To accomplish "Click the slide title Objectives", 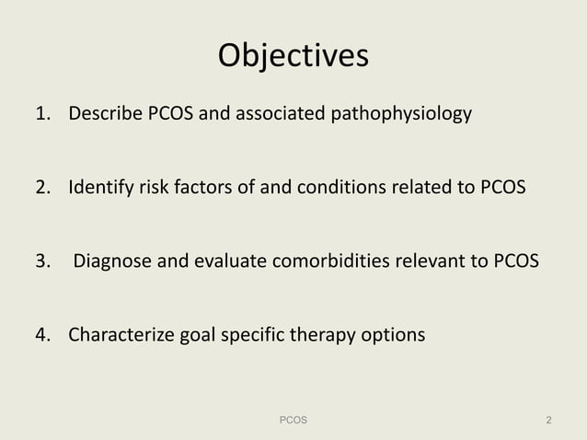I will click(x=293, y=56).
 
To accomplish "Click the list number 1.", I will click(x=41, y=115).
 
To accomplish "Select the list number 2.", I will click(x=41, y=189).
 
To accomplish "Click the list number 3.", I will click(x=41, y=261).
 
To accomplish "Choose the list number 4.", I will click(x=41, y=334).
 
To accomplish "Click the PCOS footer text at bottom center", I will click(x=293, y=420).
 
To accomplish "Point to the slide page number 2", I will click(x=548, y=420).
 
